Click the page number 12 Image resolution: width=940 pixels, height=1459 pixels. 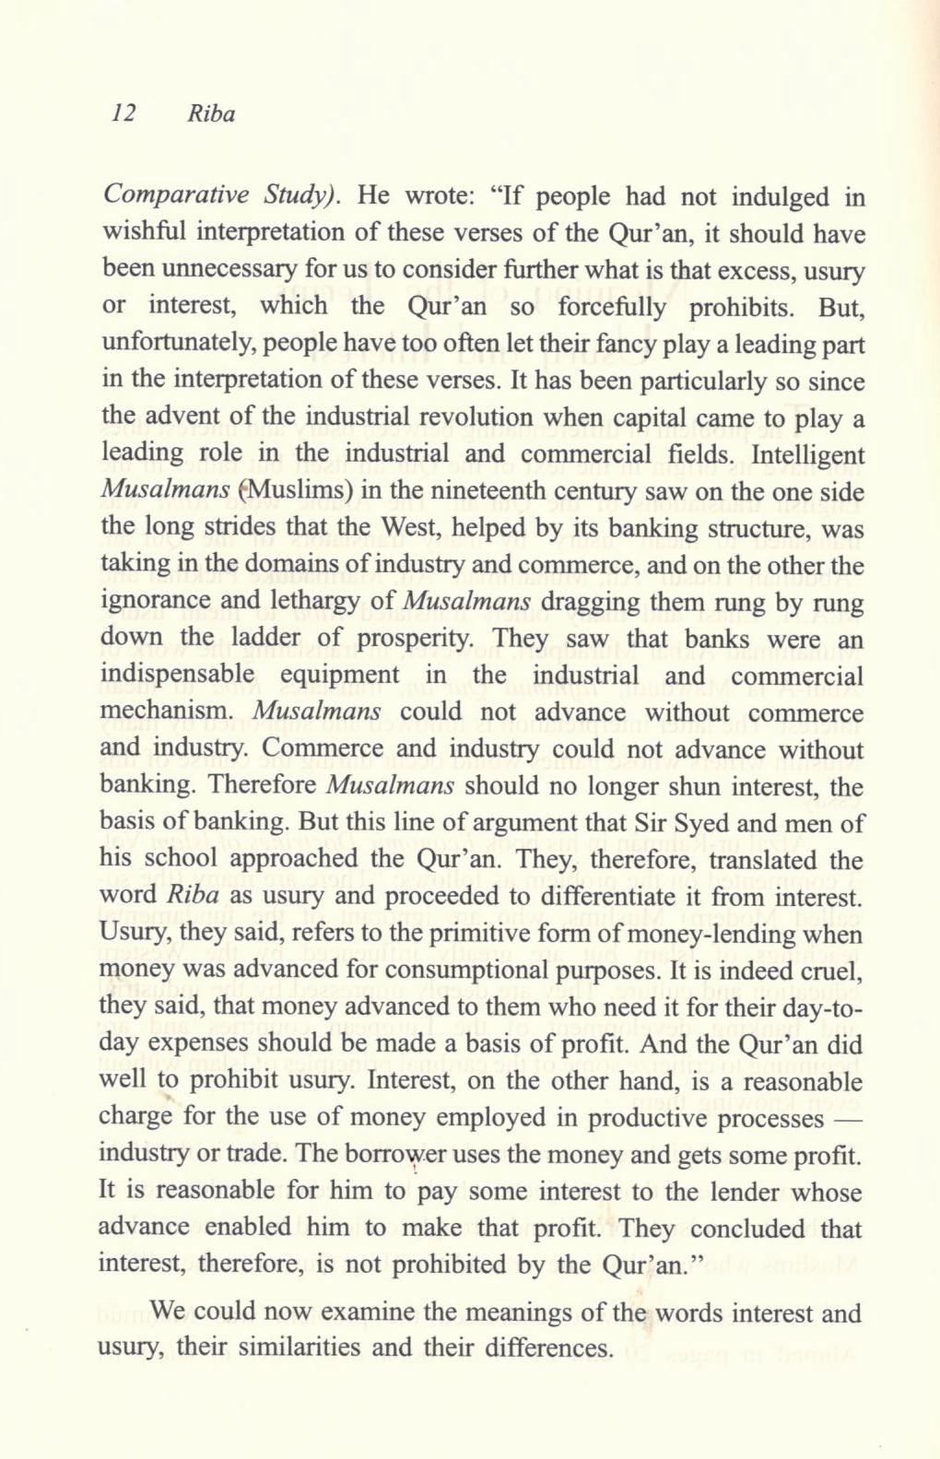click(123, 114)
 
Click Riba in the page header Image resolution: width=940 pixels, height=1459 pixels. click(211, 114)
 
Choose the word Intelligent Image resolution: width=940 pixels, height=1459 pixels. click(808, 455)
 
